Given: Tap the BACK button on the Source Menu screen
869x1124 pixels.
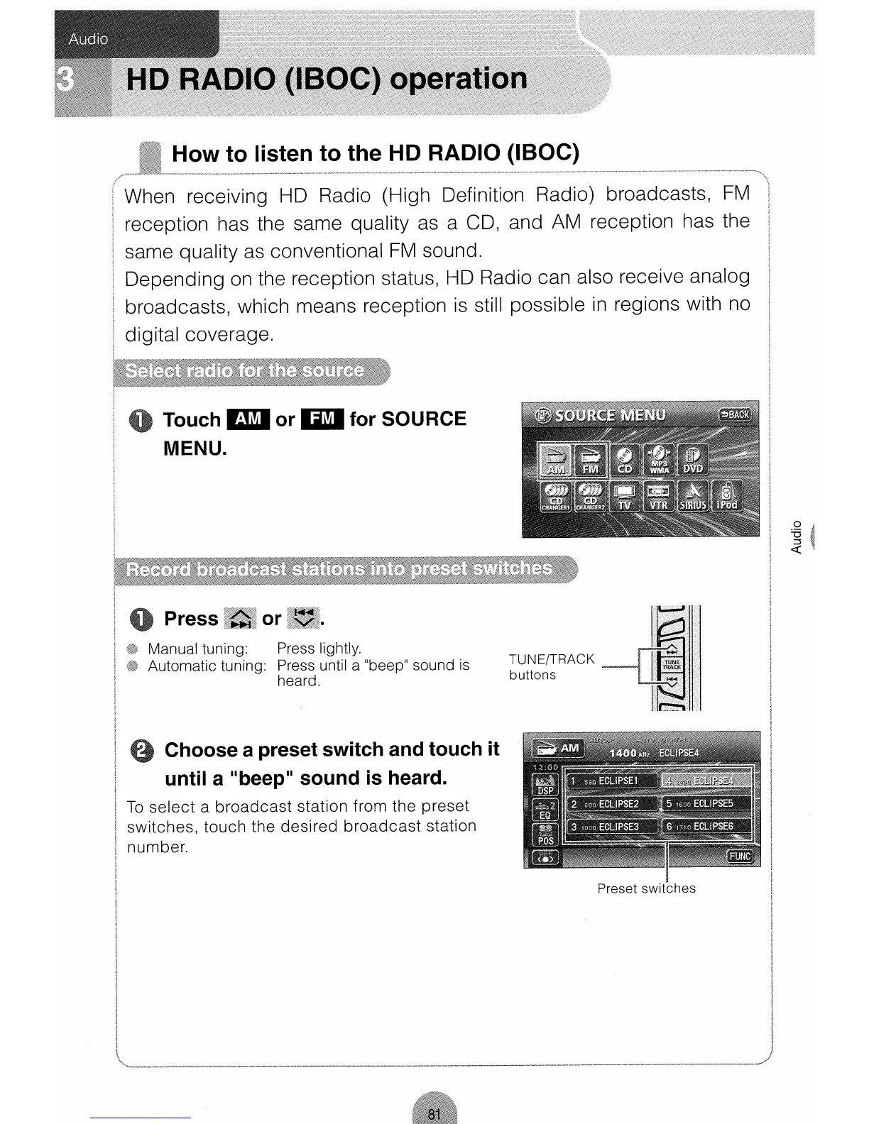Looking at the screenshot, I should (x=735, y=415).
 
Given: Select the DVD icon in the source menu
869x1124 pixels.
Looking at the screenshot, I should (x=692, y=459).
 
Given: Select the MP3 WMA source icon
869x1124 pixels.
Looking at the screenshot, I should (x=658, y=459).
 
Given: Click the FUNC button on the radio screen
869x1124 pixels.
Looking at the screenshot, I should (x=740, y=856).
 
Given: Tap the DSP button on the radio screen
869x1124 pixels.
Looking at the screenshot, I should (x=545, y=785).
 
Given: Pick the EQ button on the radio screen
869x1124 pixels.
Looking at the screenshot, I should (x=545, y=810).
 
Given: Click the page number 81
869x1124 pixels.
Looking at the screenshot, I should (x=434, y=1114).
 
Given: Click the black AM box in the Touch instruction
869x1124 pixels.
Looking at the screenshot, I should (x=247, y=419).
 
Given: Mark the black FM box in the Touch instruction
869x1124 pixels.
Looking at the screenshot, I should (x=322, y=419).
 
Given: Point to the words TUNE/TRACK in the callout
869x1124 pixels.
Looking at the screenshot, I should (x=552, y=659).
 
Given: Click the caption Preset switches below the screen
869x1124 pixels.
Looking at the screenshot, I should (x=646, y=888).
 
